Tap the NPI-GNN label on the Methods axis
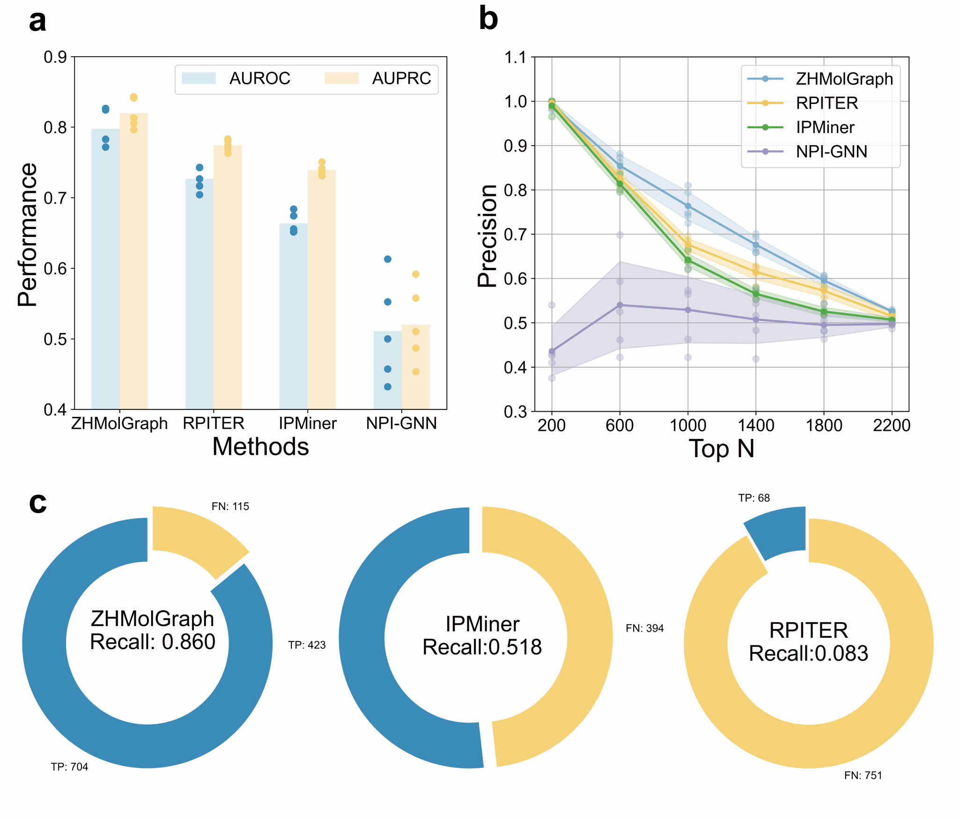pos(401,423)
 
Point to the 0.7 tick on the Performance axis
pos(55,198)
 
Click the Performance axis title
pos(27,234)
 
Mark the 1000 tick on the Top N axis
pos(687,425)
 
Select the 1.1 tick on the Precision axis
pos(515,58)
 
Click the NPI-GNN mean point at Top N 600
pos(620,305)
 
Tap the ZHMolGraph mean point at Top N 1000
pos(687,206)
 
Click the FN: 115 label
pos(230,506)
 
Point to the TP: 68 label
pos(753,498)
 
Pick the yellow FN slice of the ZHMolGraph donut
pos(197,539)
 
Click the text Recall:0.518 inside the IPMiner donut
pos(482,647)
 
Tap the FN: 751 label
pos(863,776)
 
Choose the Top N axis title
pos(721,449)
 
